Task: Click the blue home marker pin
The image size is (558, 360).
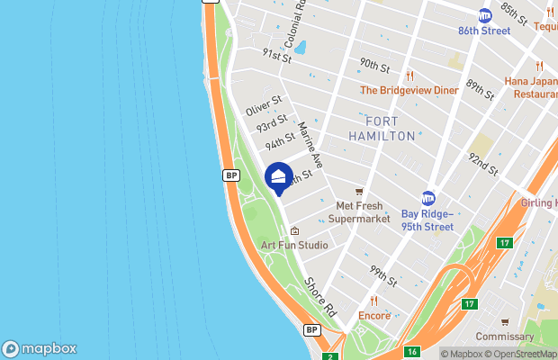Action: [x=279, y=176]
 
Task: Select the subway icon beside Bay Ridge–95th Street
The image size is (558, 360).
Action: [x=428, y=198]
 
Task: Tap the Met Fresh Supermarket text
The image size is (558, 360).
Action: [x=358, y=212]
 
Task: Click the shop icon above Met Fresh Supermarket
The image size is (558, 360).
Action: [x=359, y=191]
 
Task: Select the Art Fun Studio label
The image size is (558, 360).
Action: [x=294, y=245]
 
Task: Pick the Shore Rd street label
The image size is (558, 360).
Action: [x=319, y=295]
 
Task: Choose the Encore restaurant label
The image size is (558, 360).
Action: [x=374, y=316]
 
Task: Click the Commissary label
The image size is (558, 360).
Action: [x=505, y=337]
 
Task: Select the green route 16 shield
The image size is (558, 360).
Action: [x=411, y=352]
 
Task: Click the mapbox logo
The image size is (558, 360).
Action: [x=40, y=348]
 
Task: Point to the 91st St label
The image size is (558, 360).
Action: [x=276, y=56]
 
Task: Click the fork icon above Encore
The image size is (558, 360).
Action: [x=374, y=301]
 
